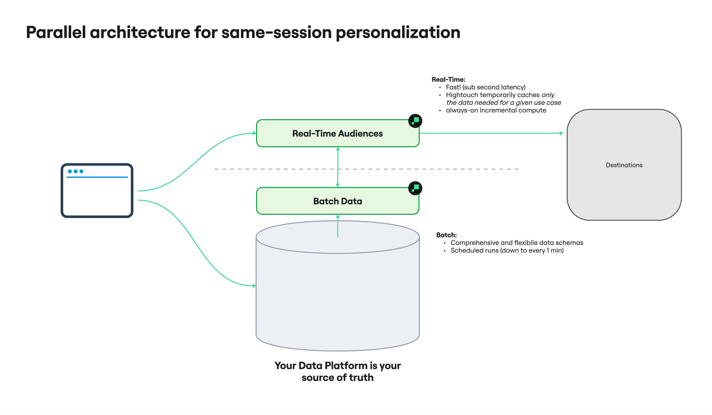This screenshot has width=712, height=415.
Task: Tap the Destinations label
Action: coord(624,165)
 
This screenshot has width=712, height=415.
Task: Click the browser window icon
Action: coord(97,191)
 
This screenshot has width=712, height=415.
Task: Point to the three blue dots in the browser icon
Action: coord(75,171)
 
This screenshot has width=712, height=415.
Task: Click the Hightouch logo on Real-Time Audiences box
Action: coord(415,121)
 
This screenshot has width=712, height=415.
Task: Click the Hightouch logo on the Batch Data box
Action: coord(415,188)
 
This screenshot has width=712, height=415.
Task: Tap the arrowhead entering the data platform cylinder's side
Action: coord(254,286)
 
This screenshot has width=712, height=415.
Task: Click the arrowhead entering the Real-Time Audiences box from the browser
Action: coord(254,133)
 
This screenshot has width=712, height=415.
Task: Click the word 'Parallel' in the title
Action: coord(56,32)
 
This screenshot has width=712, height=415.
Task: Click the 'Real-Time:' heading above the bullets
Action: coord(448,79)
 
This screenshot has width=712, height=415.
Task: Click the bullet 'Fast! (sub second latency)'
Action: coord(485,87)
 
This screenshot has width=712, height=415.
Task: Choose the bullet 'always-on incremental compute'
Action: coord(496,110)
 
